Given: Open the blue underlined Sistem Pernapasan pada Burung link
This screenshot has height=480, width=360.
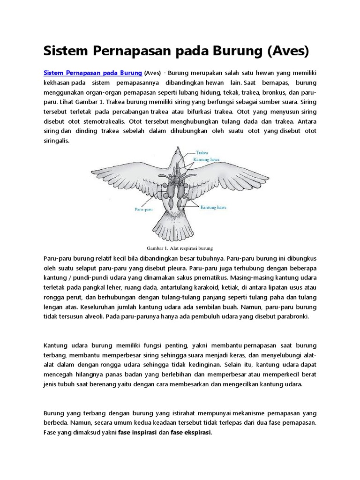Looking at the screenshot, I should (93, 73).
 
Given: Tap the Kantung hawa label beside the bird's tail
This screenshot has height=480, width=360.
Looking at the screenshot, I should (214, 207).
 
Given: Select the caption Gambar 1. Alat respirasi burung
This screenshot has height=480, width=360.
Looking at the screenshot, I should (180, 248).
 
